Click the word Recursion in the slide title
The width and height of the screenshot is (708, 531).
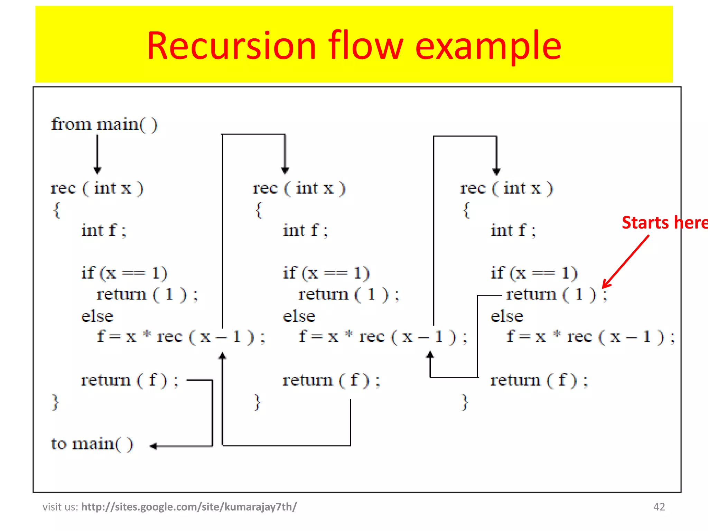231,46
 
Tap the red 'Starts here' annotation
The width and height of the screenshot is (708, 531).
664,223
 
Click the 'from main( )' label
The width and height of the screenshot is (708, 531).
104,124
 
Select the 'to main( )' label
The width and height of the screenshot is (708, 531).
92,444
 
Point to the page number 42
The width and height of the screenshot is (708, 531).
659,507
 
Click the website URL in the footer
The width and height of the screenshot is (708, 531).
189,507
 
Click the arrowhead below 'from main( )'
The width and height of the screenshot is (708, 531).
97,171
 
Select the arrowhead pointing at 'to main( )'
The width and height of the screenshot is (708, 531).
153,446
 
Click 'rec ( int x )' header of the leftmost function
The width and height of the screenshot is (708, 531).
97,188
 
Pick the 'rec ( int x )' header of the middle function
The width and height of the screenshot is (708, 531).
299,188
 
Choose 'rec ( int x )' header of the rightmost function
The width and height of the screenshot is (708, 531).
506,188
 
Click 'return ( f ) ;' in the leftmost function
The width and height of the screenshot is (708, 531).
130,380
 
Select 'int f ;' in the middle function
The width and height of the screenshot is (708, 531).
305,231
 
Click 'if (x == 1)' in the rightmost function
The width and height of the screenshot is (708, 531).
534,273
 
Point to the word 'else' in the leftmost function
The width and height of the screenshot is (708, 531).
97,316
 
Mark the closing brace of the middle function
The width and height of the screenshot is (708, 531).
257,402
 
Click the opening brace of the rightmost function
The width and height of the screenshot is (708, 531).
466,210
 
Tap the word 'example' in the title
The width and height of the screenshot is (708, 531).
488,46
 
